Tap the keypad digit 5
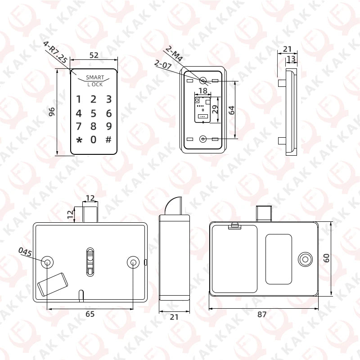[93, 113]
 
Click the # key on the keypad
[108, 139]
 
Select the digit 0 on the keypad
[93, 139]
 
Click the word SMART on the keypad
[95, 77]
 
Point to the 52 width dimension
[94, 55]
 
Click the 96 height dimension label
[52, 112]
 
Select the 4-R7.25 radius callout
[55, 52]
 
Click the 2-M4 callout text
[174, 54]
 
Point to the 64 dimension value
[232, 110]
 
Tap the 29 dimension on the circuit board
[215, 109]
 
